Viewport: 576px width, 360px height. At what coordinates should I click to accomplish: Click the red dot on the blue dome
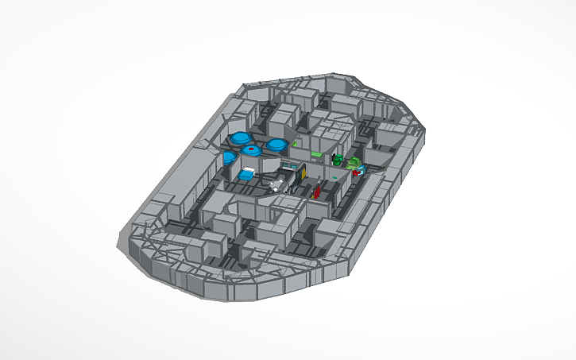(252, 148)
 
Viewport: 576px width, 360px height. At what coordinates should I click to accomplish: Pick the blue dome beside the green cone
(276, 145)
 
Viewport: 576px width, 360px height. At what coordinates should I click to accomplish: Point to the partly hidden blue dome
(230, 158)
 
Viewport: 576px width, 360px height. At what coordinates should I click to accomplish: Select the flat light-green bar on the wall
(317, 153)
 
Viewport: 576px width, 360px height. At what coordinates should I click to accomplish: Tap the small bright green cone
(294, 145)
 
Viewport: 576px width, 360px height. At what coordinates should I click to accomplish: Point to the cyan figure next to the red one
(362, 168)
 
